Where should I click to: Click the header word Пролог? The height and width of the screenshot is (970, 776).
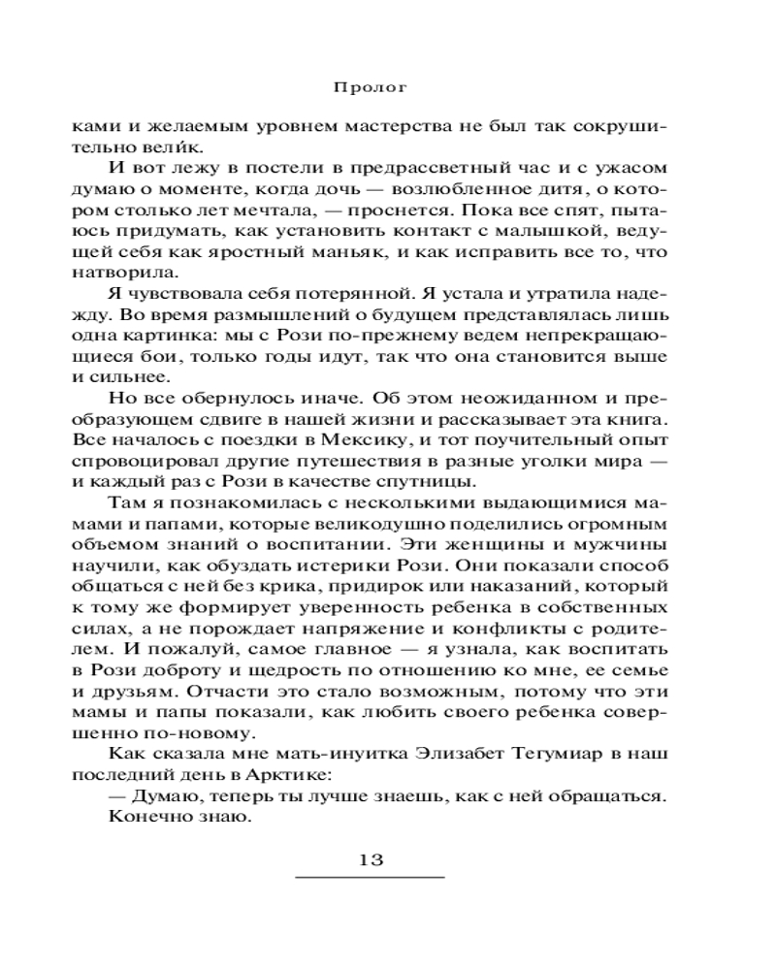(x=369, y=84)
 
